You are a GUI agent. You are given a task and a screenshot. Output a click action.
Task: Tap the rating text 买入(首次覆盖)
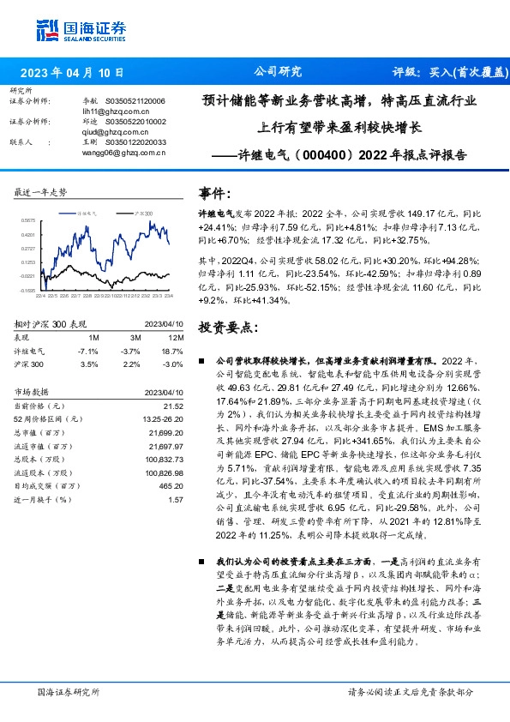(465, 73)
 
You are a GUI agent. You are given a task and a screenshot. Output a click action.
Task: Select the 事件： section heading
(214, 193)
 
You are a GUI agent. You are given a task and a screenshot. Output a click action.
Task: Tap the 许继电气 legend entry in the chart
(90, 211)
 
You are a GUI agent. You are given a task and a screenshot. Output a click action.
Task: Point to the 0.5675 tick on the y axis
(29, 220)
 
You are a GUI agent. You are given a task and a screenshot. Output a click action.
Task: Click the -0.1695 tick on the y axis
(28, 290)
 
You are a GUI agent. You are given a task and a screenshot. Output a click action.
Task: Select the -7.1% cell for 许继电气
(87, 352)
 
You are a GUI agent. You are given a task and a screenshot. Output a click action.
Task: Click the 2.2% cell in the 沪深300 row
(132, 364)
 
